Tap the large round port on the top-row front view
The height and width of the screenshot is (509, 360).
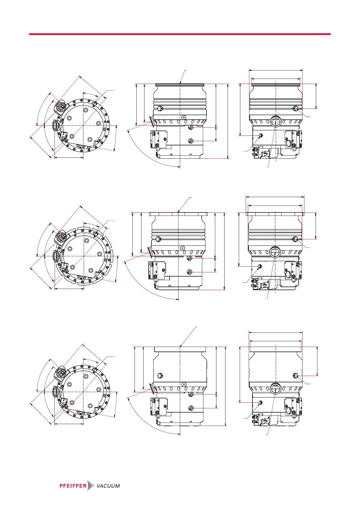point(276,122)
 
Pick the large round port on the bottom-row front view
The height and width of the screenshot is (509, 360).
point(276,388)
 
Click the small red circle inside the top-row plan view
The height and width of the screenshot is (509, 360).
point(72,137)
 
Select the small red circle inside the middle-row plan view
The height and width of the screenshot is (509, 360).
point(73,267)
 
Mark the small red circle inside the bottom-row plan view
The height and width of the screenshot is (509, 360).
point(72,403)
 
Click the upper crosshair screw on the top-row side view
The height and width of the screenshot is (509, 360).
point(191,128)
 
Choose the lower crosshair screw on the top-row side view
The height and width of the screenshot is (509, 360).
point(191,141)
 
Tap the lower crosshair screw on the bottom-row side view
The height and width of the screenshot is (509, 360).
point(192,408)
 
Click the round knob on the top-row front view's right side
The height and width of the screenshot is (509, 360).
point(295,109)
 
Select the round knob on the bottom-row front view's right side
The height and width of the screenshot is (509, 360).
point(296,376)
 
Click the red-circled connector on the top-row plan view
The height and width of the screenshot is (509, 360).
point(61,106)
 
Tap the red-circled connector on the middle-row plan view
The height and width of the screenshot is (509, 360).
point(61,238)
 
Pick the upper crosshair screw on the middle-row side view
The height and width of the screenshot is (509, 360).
point(190,258)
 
